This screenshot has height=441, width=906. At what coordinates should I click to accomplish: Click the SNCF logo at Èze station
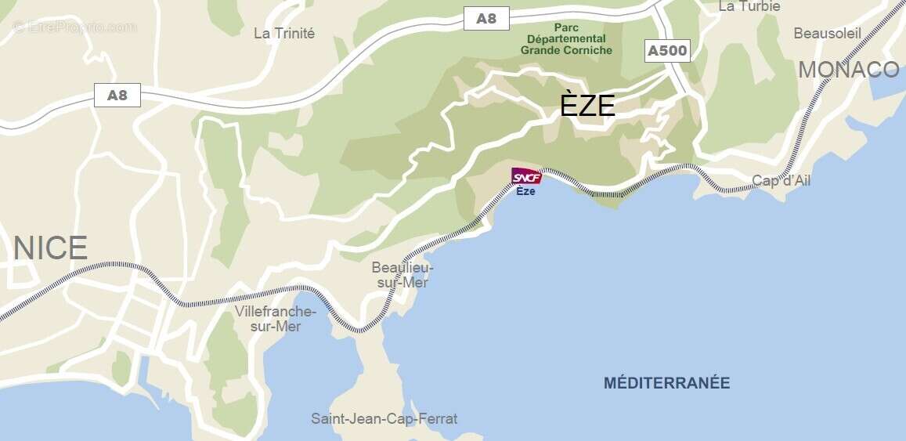click(x=526, y=177)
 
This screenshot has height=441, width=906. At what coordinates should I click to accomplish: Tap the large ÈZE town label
click(x=587, y=105)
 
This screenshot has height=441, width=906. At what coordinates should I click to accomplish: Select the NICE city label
click(x=50, y=248)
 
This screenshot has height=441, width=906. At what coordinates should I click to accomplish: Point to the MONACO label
click(x=849, y=70)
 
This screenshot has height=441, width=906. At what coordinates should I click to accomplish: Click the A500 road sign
click(x=667, y=52)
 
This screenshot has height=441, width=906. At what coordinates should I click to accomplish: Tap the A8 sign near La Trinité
click(x=117, y=96)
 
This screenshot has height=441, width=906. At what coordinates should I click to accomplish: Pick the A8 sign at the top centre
click(x=486, y=19)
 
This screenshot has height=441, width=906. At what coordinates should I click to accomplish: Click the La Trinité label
click(x=284, y=33)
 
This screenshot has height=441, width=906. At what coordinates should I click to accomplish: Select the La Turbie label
click(x=749, y=6)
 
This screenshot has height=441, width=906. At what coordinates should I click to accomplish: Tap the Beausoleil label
click(x=827, y=33)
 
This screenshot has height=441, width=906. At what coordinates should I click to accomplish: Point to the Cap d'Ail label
click(x=781, y=181)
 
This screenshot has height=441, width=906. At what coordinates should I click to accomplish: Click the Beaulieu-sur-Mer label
click(x=402, y=275)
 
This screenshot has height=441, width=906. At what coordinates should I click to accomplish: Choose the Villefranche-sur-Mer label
click(x=276, y=319)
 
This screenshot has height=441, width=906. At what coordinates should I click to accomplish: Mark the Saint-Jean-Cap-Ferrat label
click(x=384, y=418)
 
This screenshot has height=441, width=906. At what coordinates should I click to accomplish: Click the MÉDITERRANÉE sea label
click(x=666, y=383)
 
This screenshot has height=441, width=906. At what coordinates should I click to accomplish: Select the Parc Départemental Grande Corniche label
click(x=566, y=38)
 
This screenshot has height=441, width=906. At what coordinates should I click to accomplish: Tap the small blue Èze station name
click(x=525, y=192)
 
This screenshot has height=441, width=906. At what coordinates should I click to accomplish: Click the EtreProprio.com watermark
click(x=74, y=27)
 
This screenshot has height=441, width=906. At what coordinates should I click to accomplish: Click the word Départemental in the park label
click(x=566, y=38)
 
